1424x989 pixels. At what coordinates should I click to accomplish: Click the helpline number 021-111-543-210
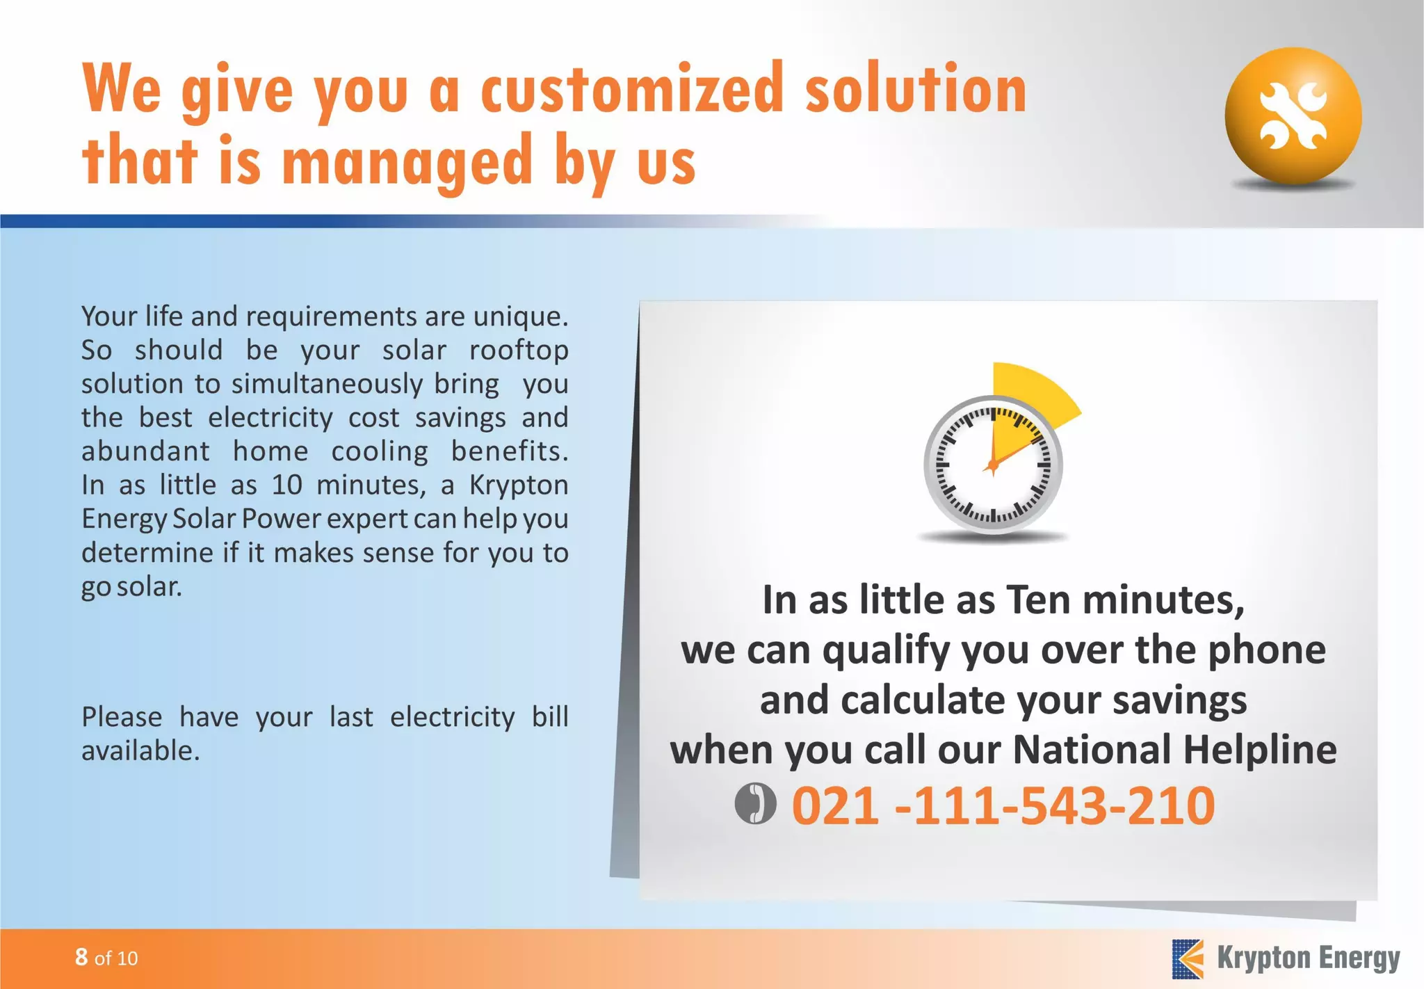[1003, 805]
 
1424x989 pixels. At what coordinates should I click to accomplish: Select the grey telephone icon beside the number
[755, 803]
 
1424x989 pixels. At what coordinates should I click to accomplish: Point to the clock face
[993, 465]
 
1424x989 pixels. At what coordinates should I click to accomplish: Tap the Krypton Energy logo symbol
[1188, 958]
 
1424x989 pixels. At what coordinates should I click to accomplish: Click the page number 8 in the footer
[81, 957]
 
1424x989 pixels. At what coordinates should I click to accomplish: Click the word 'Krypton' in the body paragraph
[519, 485]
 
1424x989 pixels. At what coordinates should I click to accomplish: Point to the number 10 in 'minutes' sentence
[286, 485]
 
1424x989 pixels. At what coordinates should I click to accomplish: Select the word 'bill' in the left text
[550, 716]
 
